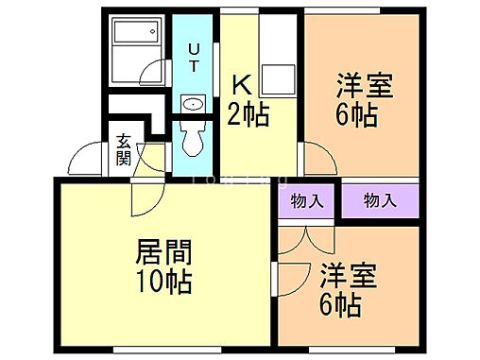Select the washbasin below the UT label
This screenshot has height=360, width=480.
tap(193, 105)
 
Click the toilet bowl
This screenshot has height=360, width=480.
tap(193, 140)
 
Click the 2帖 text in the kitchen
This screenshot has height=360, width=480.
tap(249, 115)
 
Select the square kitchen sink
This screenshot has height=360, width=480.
tap(278, 79)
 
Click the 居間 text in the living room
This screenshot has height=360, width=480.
tap(164, 252)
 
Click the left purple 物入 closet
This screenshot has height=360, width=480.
tap(305, 200)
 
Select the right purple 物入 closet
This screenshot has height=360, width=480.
tap(379, 200)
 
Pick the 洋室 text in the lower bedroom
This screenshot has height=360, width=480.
tap(348, 277)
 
